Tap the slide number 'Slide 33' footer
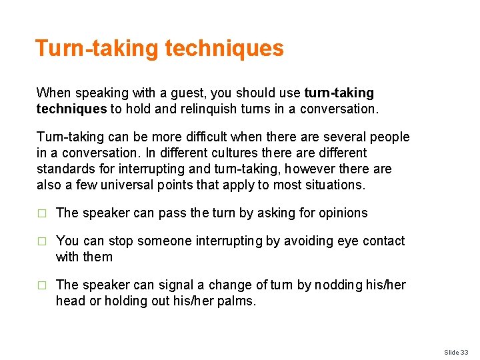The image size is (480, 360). point(457,351)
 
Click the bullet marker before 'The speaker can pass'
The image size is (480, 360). point(41,213)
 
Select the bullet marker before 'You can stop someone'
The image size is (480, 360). point(41,241)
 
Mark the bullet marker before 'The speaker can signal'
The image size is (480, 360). point(41,285)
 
